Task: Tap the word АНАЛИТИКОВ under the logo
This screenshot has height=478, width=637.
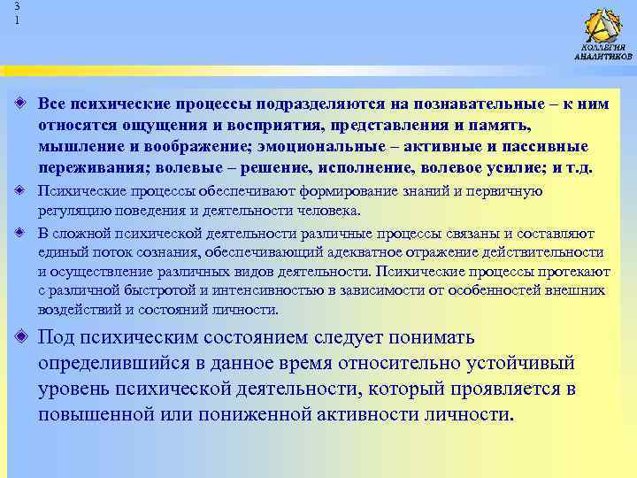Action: pos(603,57)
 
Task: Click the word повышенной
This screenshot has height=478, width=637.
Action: pos(104,415)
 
